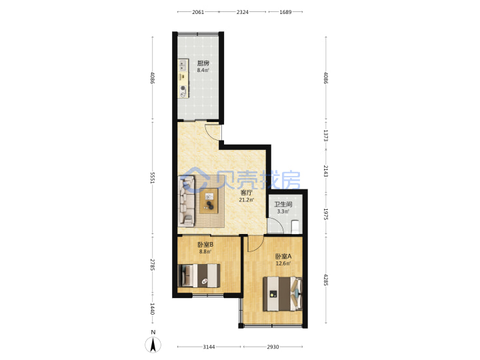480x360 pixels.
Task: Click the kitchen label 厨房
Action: [203, 63]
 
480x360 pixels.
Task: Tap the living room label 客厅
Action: [247, 193]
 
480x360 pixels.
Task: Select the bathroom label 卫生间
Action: [283, 205]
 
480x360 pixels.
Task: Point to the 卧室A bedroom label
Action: [283, 257]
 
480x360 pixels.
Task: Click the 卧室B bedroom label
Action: [205, 245]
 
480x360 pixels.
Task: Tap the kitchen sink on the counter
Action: [183, 65]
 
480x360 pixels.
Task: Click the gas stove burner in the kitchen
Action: [183, 88]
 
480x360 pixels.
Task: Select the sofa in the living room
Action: [187, 201]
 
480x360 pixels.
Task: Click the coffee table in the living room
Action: [209, 201]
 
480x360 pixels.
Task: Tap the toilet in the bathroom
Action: [295, 225]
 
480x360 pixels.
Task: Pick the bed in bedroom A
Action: [283, 294]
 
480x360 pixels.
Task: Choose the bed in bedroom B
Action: [199, 275]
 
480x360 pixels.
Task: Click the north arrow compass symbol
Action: [153, 345]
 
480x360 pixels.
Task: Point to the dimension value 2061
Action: [198, 12]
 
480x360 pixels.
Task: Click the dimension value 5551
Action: [153, 178]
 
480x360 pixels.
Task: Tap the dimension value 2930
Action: [273, 347]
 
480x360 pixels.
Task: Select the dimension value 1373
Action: [326, 135]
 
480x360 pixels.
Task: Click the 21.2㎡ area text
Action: [247, 200]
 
